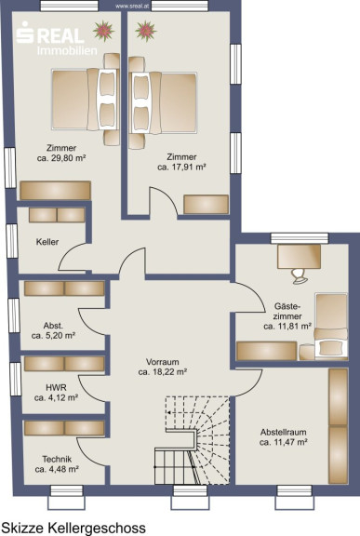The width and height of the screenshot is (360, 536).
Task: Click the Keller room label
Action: coord(47,242)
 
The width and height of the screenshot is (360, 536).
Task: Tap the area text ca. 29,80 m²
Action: coord(61,158)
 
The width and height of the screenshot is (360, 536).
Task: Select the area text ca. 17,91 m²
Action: coord(181,167)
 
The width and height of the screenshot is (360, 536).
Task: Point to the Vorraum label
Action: coord(162,362)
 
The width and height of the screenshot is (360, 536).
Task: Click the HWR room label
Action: coord(56,388)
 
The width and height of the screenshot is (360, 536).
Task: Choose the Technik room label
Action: coord(57,459)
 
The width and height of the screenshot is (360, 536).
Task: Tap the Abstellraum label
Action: coord(283,432)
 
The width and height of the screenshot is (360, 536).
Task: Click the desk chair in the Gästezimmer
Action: coord(300,275)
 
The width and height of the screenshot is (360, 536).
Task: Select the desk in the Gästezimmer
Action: coord(299,257)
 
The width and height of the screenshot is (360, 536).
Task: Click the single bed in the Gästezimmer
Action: coord(331,326)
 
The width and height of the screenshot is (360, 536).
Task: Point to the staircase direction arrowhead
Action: coord(168,412)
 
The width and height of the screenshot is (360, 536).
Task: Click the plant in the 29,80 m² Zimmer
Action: coord(103,31)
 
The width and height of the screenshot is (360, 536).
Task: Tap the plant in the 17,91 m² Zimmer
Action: coord(146,31)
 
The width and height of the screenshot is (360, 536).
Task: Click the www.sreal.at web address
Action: coord(129,6)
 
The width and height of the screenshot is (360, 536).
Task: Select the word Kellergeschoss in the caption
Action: coord(97,529)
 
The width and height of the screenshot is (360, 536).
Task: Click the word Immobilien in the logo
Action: coord(67,50)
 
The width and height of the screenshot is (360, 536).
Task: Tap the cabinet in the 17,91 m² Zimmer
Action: coord(206,205)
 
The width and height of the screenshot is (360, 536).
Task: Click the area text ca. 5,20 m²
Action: coord(53,336)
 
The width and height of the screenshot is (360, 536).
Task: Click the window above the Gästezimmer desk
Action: coord(300,238)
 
